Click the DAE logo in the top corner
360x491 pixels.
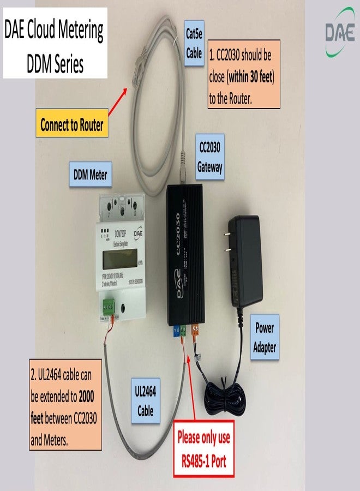[340, 32]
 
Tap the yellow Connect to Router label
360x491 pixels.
[71, 125]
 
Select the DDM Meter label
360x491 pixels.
[91, 175]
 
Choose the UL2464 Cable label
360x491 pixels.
[146, 400]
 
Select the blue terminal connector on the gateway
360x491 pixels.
[176, 331]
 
